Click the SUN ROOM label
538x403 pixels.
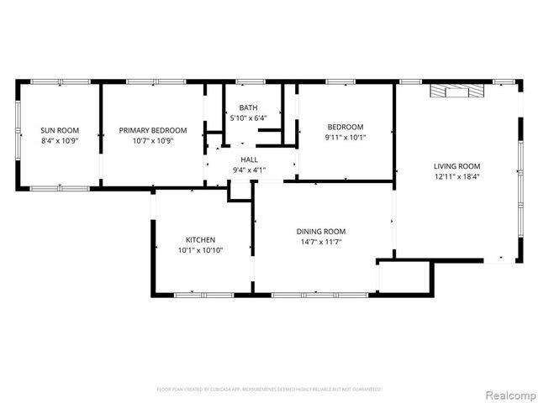(x=60, y=130)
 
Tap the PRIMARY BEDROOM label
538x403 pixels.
(x=152, y=130)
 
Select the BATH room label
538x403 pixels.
(x=248, y=107)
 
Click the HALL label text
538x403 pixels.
(x=249, y=160)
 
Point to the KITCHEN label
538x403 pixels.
(x=200, y=239)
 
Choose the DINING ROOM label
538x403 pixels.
(x=320, y=232)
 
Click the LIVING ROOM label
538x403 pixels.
(x=456, y=166)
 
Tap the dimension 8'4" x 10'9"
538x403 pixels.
(x=60, y=140)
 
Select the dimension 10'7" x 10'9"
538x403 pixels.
(x=152, y=140)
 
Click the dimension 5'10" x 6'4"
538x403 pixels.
(x=248, y=118)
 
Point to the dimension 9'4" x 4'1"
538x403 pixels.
(x=249, y=170)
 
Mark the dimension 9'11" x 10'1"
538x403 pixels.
(x=345, y=137)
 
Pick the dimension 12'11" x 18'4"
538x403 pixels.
(x=456, y=177)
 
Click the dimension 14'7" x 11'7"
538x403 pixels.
(x=320, y=243)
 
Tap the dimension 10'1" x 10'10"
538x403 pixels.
(x=200, y=250)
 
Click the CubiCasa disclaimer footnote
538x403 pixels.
(x=269, y=390)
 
